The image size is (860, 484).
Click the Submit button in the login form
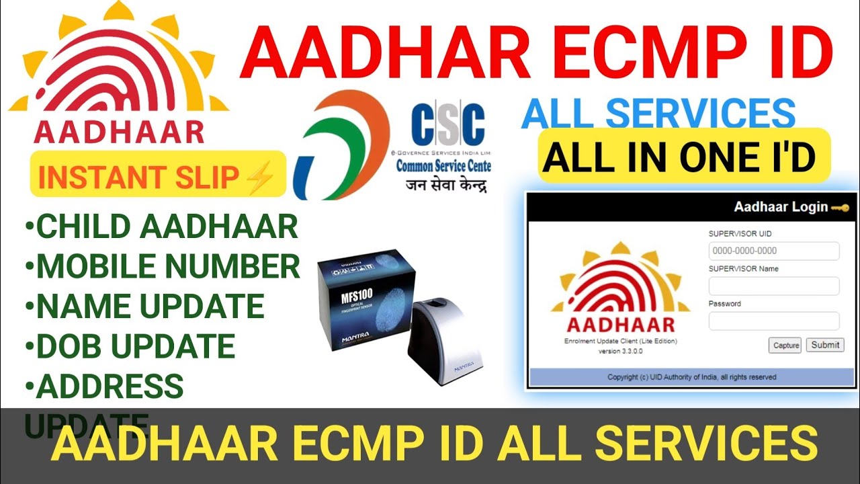tap(824, 345)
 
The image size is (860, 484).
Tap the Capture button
tap(785, 346)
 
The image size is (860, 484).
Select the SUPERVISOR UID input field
tap(773, 251)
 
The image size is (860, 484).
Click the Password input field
tap(773, 321)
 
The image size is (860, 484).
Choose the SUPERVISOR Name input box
tap(773, 286)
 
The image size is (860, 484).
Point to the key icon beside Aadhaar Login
tap(840, 207)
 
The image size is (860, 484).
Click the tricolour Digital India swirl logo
tap(343, 145)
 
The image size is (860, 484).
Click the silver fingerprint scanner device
tap(443, 339)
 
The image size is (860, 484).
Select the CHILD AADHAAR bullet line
tap(161, 227)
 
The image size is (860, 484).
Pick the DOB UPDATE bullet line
tap(130, 346)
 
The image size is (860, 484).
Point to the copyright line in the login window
tap(692, 377)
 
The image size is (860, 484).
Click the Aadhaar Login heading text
tap(780, 207)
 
